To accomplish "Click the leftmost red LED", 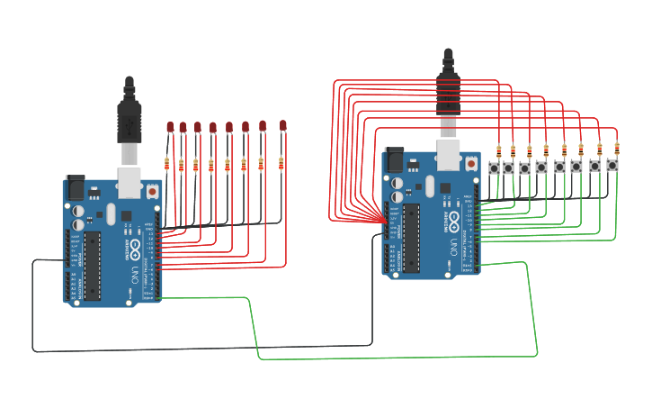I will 169,128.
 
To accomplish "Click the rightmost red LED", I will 282,125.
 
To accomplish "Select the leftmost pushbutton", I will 494,168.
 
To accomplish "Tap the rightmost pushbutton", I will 612,166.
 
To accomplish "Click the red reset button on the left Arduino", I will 152,191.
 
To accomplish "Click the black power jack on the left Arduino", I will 76,186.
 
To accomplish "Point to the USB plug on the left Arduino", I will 130,117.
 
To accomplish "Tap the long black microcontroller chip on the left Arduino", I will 92,266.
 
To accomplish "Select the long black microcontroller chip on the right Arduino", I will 411,238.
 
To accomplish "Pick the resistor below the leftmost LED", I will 166,163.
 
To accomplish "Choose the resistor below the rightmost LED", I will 281,163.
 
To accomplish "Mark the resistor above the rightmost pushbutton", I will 617,148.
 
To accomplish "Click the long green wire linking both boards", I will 396,358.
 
